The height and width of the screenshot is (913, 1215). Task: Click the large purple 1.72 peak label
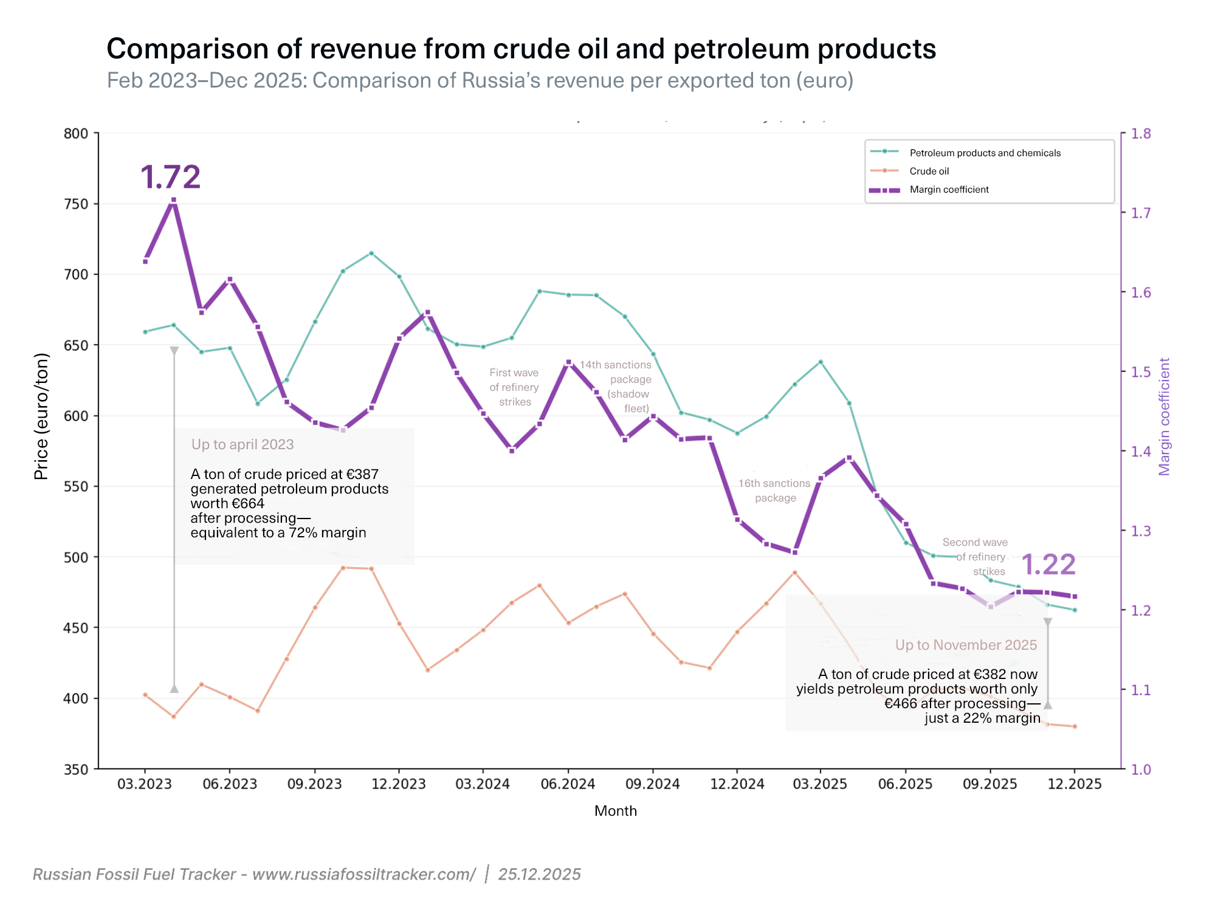click(x=170, y=177)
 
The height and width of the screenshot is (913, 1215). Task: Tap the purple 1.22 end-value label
click(x=1048, y=565)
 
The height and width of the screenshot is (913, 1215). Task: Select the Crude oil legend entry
click(x=929, y=171)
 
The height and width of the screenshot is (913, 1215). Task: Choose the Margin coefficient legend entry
click(x=949, y=190)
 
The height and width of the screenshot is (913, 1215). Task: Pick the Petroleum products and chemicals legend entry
click(x=985, y=153)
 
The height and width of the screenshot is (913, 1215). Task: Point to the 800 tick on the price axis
click(x=76, y=134)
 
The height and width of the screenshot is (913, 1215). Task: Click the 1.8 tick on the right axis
click(x=1141, y=134)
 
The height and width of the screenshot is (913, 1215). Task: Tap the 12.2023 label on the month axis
click(x=399, y=784)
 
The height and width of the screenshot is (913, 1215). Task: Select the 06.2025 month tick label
click(x=905, y=784)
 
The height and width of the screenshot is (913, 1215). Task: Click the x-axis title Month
click(x=615, y=811)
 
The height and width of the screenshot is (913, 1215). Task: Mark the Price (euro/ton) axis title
click(x=41, y=416)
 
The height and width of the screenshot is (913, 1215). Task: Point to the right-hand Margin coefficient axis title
click(x=1164, y=416)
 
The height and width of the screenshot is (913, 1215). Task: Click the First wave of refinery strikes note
click(x=514, y=387)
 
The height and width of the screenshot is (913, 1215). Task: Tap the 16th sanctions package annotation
click(x=774, y=491)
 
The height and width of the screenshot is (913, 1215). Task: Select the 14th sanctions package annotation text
click(x=616, y=386)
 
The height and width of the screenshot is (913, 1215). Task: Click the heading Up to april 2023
click(x=243, y=444)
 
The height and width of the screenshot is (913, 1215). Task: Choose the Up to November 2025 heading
click(x=966, y=645)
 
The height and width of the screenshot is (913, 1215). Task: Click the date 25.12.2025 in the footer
click(x=539, y=874)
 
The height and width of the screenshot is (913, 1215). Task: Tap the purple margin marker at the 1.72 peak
click(x=174, y=200)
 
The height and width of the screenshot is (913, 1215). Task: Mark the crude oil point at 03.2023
click(x=145, y=695)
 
